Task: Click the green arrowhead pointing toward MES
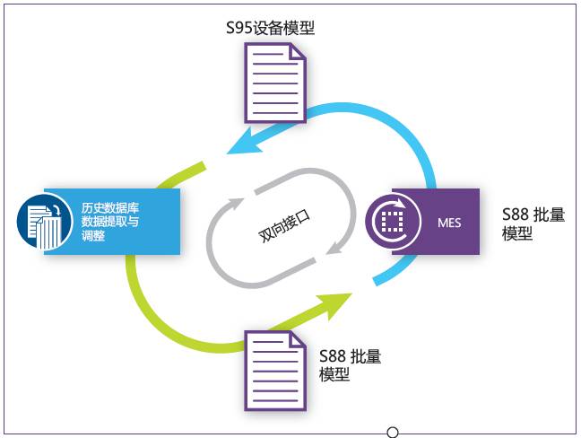[337, 303]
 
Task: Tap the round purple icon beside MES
[390, 221]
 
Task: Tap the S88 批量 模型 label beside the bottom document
[351, 365]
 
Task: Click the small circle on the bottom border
[393, 433]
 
